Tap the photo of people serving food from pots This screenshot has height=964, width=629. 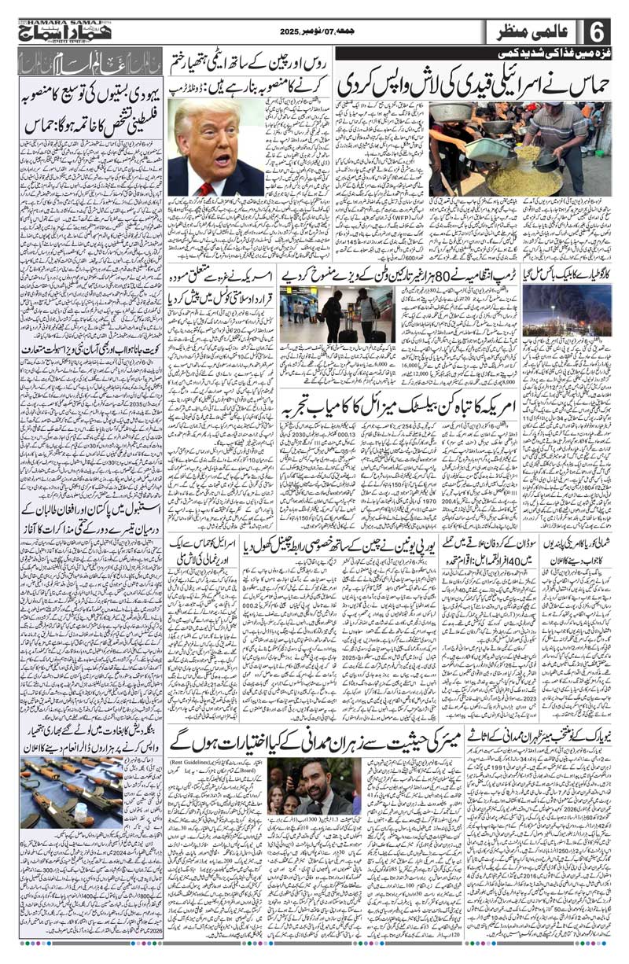click(x=519, y=149)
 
